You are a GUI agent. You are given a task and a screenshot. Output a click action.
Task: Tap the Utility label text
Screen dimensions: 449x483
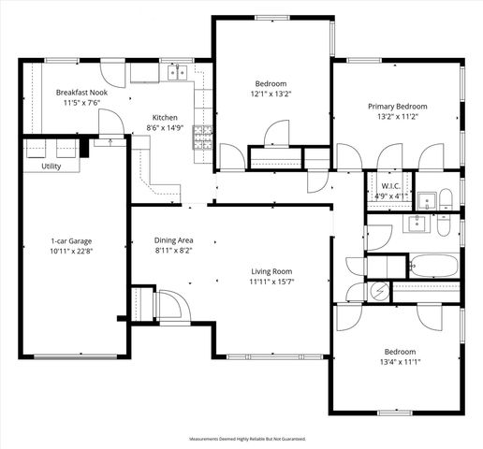tap(52, 166)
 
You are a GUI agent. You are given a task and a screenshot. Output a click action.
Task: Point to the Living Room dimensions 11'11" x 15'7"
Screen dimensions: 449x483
tap(272, 282)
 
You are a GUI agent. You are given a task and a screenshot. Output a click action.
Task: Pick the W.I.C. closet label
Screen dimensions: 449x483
tap(391, 185)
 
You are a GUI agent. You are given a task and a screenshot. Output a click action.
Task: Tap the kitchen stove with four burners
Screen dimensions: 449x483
tap(200, 137)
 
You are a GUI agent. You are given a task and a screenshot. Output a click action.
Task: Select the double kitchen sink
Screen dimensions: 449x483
tap(177, 72)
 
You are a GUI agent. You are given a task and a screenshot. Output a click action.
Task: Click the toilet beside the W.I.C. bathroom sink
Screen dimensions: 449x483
tap(446, 197)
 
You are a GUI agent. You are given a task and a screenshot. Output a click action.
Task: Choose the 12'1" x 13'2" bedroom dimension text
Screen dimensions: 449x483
tap(272, 94)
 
